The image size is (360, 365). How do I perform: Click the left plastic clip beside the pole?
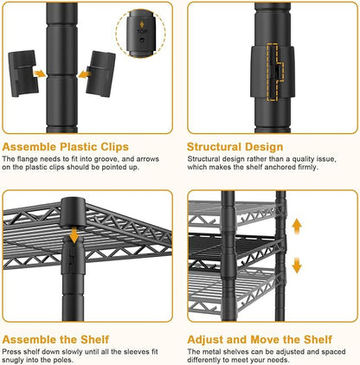click(x=22, y=74)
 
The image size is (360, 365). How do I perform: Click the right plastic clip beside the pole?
click(x=101, y=74)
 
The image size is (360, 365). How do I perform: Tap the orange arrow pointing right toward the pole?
click(x=40, y=74)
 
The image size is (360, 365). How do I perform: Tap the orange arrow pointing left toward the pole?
click(x=85, y=74)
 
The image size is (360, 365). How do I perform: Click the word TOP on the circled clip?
click(x=142, y=32)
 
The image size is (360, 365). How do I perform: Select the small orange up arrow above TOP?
click(x=142, y=24)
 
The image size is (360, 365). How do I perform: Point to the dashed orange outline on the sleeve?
click(x=275, y=73)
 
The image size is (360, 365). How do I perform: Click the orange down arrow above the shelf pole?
click(x=74, y=234)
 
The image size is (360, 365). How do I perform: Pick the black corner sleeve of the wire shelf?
click(x=73, y=212)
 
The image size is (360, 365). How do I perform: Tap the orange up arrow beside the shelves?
click(x=297, y=227)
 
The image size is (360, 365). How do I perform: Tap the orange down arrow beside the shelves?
click(x=297, y=265)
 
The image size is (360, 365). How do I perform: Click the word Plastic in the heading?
click(x=79, y=147)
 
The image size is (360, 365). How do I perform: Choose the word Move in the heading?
click(x=265, y=339)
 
